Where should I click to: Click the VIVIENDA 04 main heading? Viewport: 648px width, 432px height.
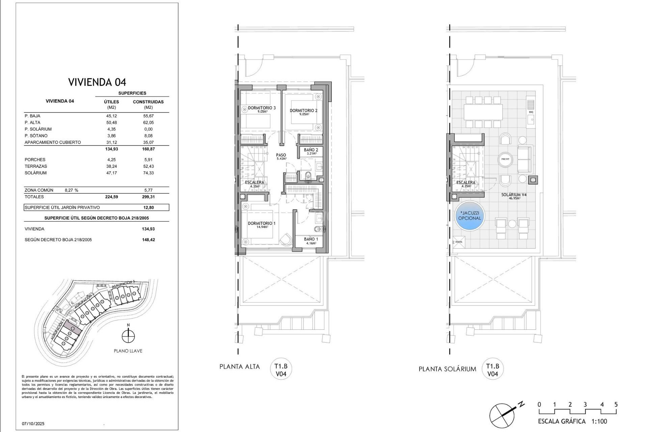(x=97, y=82)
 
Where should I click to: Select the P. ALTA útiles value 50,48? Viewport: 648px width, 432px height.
(x=111, y=123)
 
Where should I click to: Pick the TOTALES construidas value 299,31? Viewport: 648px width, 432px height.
(x=148, y=197)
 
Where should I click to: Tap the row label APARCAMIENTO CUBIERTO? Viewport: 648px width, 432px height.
(x=53, y=142)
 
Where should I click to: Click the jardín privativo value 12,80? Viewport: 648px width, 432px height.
(x=148, y=208)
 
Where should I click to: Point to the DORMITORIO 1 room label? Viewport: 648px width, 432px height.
(x=262, y=224)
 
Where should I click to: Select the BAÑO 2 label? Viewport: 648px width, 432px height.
(x=310, y=150)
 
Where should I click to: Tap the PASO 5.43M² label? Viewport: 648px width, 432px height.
(x=281, y=156)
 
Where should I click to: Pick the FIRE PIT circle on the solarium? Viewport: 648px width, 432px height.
(x=505, y=159)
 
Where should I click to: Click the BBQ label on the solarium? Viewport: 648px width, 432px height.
(x=531, y=112)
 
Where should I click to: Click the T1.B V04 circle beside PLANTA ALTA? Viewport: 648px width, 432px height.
(x=281, y=370)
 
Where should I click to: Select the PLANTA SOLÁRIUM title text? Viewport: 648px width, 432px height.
(x=447, y=369)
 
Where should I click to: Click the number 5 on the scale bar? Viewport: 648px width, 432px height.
(x=616, y=404)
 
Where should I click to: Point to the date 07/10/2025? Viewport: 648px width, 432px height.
(x=33, y=424)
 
